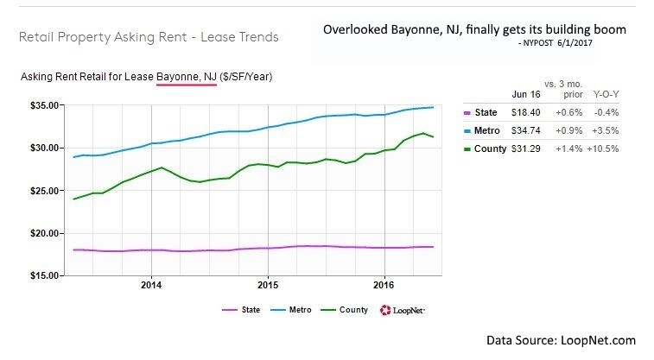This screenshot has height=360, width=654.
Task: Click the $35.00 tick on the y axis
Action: pyautogui.click(x=42, y=105)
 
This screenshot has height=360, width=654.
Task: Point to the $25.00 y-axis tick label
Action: pyautogui.click(x=42, y=191)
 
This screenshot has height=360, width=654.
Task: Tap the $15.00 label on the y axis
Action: pyautogui.click(x=42, y=276)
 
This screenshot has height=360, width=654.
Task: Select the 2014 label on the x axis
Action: pyautogui.click(x=151, y=286)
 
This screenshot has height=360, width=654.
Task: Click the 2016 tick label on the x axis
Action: pyautogui.click(x=384, y=286)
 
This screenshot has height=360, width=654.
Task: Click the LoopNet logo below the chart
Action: pyautogui.click(x=401, y=310)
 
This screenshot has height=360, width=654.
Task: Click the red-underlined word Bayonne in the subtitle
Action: pyautogui.click(x=176, y=78)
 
